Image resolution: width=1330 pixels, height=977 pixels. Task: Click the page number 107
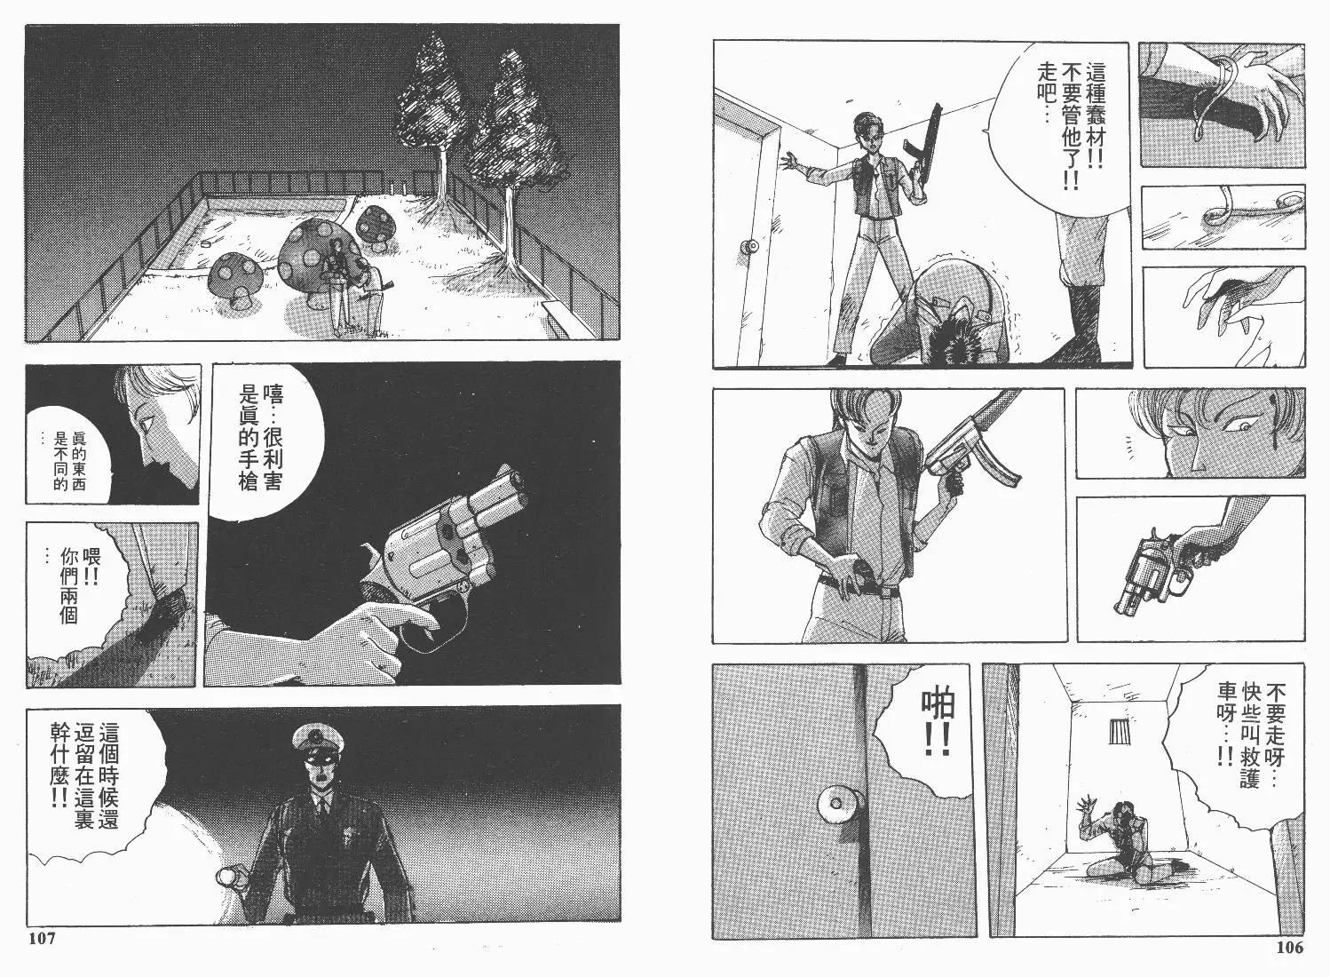pos(42,939)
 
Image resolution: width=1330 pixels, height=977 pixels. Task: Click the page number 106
pos(1290,947)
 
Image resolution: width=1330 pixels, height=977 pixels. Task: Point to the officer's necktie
pos(321,808)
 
